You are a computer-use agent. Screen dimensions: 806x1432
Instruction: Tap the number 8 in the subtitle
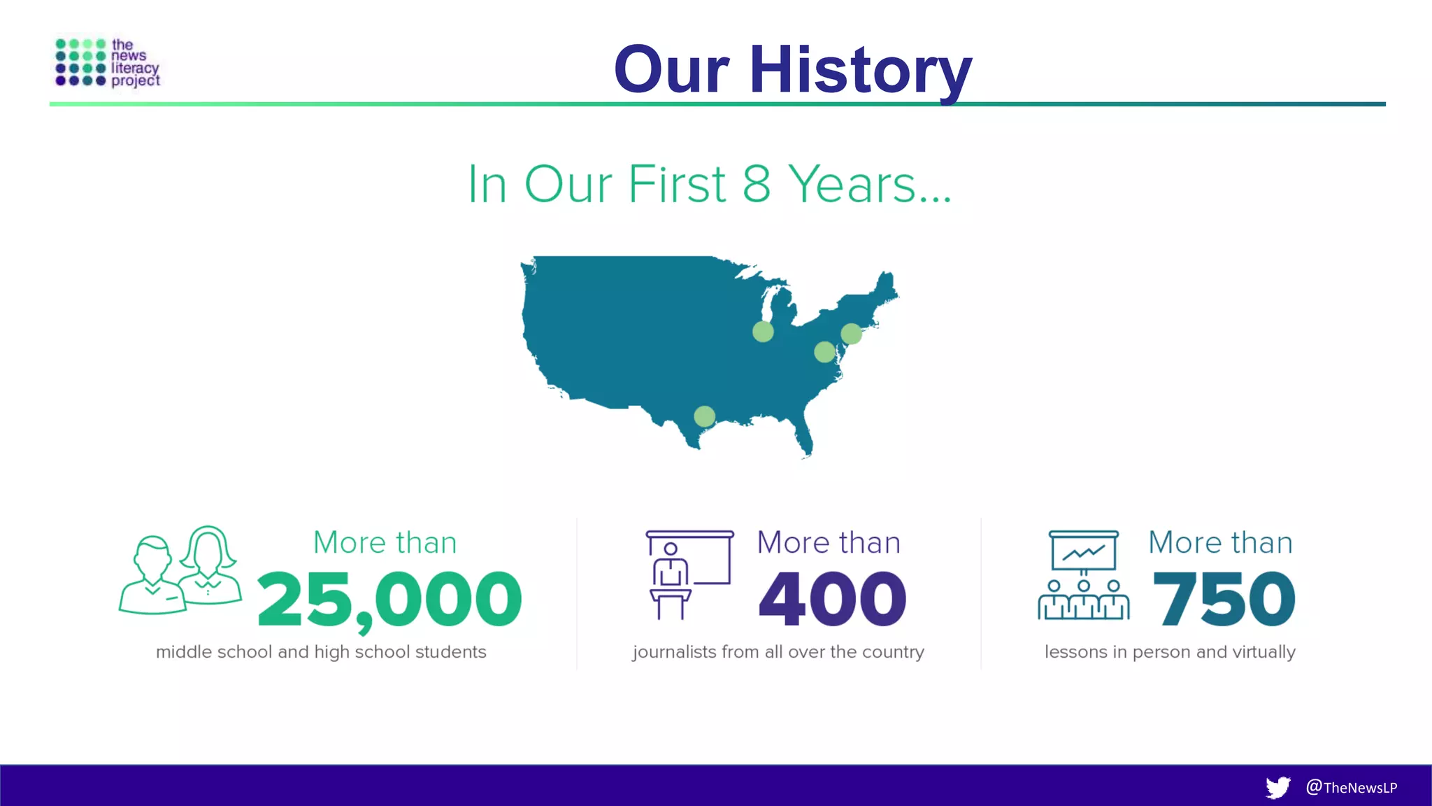point(757,184)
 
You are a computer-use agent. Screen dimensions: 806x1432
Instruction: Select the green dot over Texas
point(704,416)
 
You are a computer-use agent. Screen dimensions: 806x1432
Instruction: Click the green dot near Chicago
point(763,332)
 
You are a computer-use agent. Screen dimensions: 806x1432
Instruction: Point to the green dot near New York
point(851,334)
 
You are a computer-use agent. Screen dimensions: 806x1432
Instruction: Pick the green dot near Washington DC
point(824,352)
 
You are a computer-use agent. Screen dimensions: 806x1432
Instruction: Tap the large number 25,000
point(389,600)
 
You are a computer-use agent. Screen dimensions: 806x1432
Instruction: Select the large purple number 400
point(832,599)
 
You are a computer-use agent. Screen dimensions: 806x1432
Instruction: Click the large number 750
point(1224,599)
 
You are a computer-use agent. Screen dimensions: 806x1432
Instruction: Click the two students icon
point(180,571)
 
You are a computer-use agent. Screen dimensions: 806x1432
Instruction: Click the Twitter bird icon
point(1277,787)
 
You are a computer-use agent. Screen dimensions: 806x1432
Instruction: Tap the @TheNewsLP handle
point(1351,787)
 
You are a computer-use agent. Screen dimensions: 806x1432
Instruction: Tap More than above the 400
point(829,543)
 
